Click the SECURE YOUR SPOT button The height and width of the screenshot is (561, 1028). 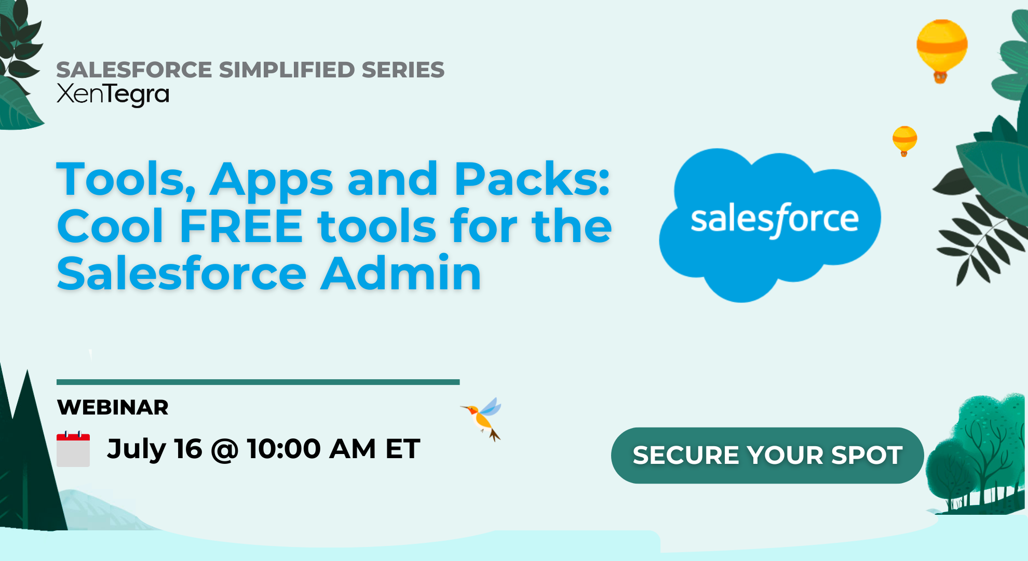click(767, 455)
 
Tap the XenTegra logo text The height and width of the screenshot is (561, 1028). click(113, 95)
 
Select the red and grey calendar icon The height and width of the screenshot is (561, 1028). click(73, 449)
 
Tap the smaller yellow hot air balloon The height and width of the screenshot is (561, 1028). click(904, 139)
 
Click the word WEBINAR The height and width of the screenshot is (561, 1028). click(113, 407)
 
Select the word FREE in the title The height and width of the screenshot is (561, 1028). click(241, 226)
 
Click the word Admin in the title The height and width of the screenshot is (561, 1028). click(401, 273)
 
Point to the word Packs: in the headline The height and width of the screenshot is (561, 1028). click(532, 179)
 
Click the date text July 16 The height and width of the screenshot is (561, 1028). click(154, 449)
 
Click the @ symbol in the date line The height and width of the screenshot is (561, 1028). click(224, 450)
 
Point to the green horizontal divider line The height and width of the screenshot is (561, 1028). click(258, 382)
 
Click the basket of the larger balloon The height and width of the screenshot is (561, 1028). click(940, 78)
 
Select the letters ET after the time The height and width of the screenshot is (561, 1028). click(402, 449)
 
